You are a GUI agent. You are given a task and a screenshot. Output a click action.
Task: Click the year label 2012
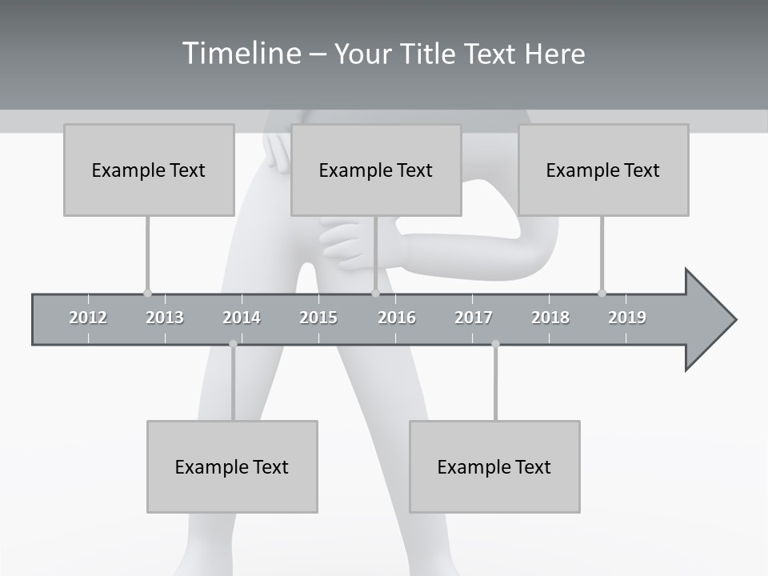click(88, 318)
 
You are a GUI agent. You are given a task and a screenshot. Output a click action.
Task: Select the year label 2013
click(165, 318)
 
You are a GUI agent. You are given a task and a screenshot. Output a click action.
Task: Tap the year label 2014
click(242, 318)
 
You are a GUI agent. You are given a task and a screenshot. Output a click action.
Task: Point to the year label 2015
click(318, 318)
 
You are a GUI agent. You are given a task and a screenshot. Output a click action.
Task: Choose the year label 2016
click(397, 318)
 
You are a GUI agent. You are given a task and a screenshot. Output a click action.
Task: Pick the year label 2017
click(474, 318)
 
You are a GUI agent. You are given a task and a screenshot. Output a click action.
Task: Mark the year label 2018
click(550, 318)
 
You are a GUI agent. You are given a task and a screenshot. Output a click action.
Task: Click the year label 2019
click(627, 318)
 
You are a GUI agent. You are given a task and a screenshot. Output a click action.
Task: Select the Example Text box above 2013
click(149, 170)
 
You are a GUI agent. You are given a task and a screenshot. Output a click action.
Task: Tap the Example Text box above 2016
click(376, 170)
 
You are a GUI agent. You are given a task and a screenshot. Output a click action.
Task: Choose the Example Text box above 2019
click(603, 170)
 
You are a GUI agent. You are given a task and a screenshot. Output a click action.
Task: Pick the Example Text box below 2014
click(232, 466)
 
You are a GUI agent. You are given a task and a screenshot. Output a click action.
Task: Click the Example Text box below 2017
click(494, 466)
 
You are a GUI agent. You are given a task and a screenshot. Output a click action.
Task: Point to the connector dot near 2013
click(147, 293)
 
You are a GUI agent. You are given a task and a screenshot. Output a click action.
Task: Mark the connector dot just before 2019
click(602, 293)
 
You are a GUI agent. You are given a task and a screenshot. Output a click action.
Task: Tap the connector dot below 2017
click(495, 344)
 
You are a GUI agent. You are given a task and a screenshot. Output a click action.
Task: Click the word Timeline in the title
click(241, 54)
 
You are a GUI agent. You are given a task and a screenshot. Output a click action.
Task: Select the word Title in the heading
click(430, 54)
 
